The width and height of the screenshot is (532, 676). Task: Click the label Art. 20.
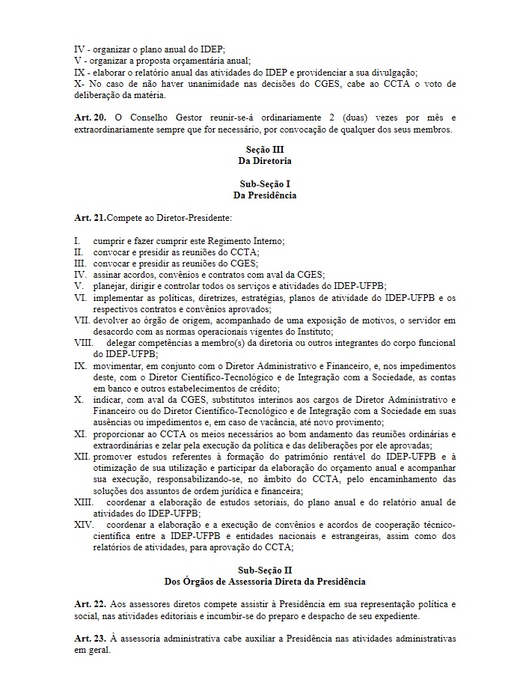[88, 118]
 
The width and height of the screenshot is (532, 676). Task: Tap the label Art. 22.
[88, 603]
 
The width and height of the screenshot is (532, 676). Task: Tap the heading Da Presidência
[265, 195]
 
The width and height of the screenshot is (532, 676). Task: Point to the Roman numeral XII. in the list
[82, 456]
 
